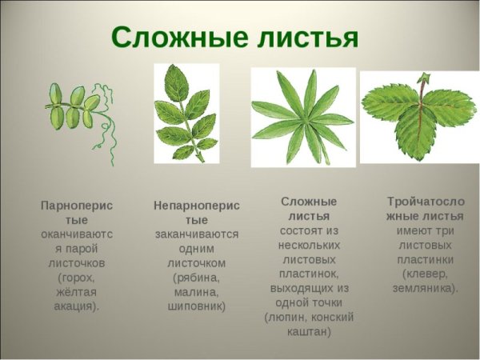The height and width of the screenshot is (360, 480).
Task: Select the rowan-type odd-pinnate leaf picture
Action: coord(186,112)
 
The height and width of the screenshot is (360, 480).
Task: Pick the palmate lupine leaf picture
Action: coord(302,117)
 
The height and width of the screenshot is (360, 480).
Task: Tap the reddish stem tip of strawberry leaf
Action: coord(422,78)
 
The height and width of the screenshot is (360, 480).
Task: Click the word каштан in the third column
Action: coord(308,331)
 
